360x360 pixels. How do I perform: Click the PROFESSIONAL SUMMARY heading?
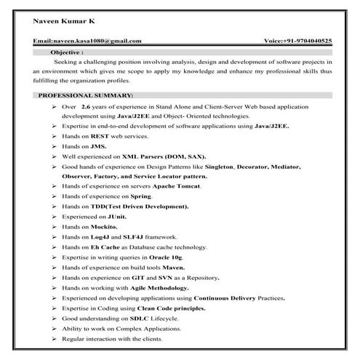coord(85,96)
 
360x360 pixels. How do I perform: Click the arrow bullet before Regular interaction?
coord(55,340)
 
